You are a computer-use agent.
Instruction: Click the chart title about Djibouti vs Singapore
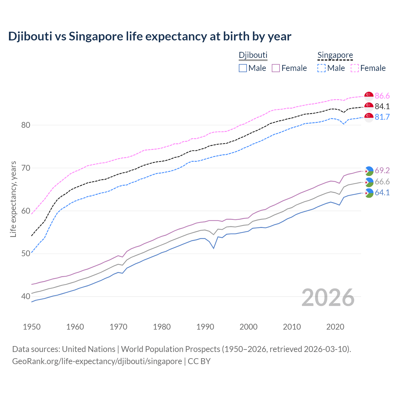[x=150, y=36]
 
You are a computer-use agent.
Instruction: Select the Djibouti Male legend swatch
[x=243, y=68]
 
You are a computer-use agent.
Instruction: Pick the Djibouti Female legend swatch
[x=276, y=68]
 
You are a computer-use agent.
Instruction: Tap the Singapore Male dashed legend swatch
[x=322, y=68]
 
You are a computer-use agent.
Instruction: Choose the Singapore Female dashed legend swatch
[x=355, y=68]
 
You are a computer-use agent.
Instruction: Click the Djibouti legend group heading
[x=253, y=55]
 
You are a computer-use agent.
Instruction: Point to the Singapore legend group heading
[x=335, y=55]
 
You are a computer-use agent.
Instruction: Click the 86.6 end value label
[x=382, y=96]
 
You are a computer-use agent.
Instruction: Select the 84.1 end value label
[x=382, y=106]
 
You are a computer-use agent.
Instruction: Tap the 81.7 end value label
[x=382, y=117]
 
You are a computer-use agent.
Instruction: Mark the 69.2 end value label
[x=382, y=170]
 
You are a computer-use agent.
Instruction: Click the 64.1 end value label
[x=382, y=192]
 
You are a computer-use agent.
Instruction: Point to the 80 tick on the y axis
[x=25, y=125]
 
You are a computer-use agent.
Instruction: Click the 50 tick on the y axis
[x=25, y=254]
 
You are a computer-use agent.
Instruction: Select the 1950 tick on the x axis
[x=32, y=327]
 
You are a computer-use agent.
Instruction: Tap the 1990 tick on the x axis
[x=205, y=327]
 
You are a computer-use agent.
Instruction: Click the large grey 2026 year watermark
[x=328, y=298]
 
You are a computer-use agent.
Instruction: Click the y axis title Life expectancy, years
[x=13, y=199]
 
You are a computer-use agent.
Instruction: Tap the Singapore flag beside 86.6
[x=369, y=96]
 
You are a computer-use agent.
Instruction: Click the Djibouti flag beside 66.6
[x=369, y=182]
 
